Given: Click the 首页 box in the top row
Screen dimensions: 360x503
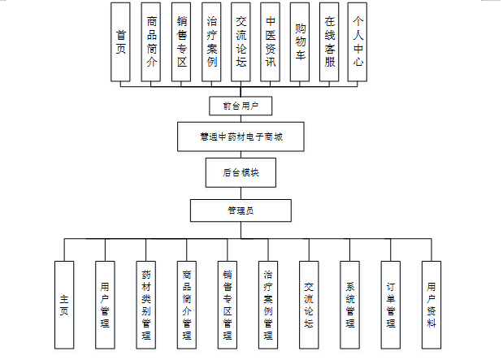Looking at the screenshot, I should coord(121,42).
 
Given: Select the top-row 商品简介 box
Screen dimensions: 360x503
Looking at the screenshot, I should coord(150,42).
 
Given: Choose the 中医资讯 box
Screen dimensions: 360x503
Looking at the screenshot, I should coord(270,42).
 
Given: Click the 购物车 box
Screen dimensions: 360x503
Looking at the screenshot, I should coord(300,42).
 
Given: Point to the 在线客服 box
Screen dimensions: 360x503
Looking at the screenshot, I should coord(329,42).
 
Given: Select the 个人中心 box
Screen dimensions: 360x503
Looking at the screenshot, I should coord(358,42).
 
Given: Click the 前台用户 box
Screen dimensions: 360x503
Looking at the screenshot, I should coord(240,106).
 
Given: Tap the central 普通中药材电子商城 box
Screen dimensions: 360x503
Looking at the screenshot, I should coord(240,137).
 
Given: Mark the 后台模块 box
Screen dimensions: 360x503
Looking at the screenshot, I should coord(240,173).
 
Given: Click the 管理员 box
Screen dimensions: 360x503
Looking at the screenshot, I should coord(240,210).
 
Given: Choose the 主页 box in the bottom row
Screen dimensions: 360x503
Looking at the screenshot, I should coord(65,305).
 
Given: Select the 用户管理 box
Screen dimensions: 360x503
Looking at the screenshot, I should coord(105,305).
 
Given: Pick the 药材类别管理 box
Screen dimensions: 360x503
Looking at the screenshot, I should coord(146,305).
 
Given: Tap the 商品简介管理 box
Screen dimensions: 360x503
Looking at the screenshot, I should coord(187,305).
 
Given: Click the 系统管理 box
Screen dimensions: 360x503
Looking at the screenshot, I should coord(350,305).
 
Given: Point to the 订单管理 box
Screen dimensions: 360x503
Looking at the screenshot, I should coord(391,305).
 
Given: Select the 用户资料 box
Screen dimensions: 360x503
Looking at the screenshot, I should coord(431,305).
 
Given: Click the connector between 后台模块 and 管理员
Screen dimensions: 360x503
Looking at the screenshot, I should coord(240,193).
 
